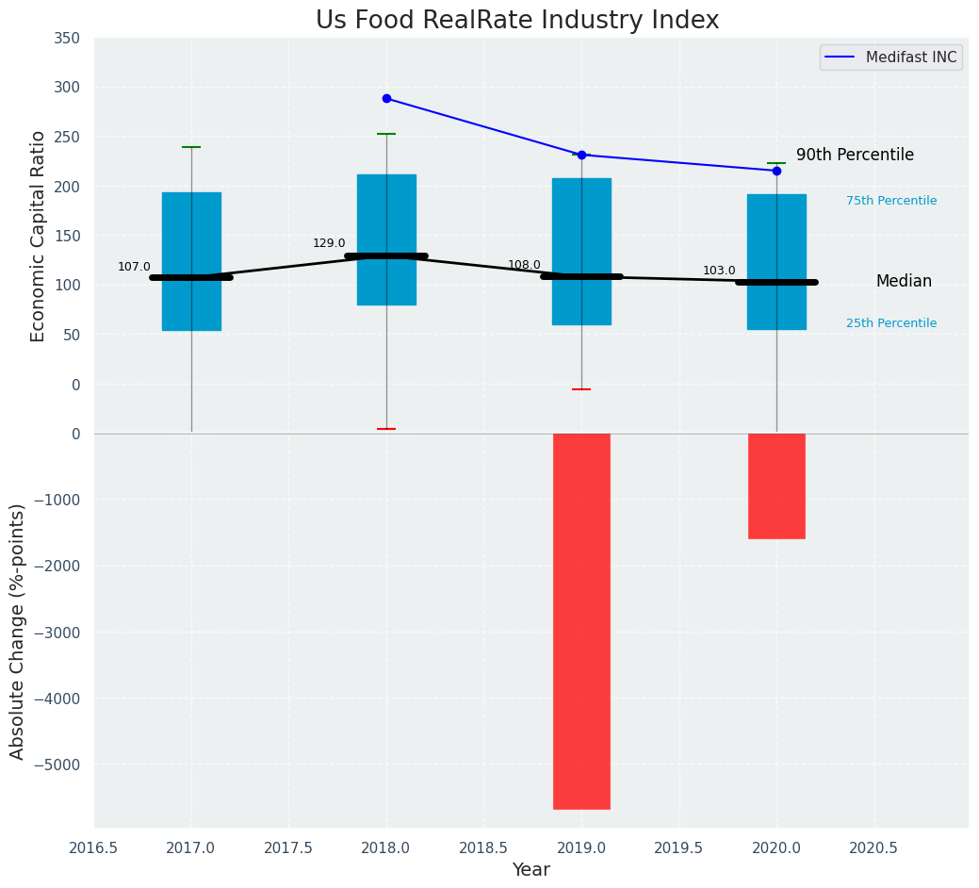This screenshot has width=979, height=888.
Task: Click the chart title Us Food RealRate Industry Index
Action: coord(517,21)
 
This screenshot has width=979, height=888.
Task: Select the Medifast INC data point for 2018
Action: coord(386,98)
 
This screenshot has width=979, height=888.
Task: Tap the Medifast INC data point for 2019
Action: coord(581,155)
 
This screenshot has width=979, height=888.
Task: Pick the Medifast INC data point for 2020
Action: coord(776,171)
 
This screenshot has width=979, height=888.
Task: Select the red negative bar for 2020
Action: coord(776,485)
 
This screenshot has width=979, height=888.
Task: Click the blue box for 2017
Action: coord(191,236)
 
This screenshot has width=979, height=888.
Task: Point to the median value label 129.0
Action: coord(329,243)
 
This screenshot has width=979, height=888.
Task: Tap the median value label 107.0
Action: coord(134,267)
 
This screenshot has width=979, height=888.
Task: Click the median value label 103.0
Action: coord(719,271)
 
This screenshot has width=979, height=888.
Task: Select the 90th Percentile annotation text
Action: coord(855,155)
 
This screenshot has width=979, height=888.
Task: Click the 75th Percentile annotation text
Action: coord(890,201)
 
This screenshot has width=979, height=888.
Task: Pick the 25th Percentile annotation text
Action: coord(890,323)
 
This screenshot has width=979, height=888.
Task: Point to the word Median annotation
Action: coord(904,281)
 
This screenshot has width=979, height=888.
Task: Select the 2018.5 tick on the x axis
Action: coord(484,847)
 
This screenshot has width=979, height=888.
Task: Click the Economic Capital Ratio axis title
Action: coord(39,236)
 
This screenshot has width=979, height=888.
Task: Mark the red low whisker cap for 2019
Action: coord(581,389)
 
